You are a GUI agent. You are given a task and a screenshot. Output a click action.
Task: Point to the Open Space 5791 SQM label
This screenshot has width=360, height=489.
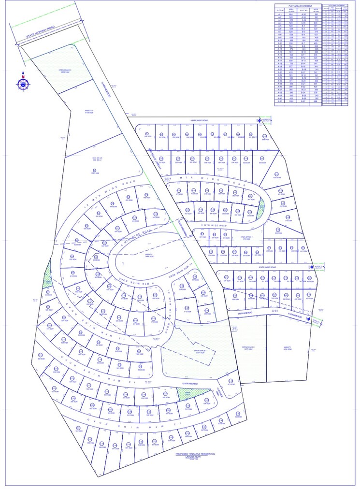(x=200, y=352)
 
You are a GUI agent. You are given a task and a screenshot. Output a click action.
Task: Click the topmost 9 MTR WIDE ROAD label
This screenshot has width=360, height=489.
(x=198, y=120)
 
